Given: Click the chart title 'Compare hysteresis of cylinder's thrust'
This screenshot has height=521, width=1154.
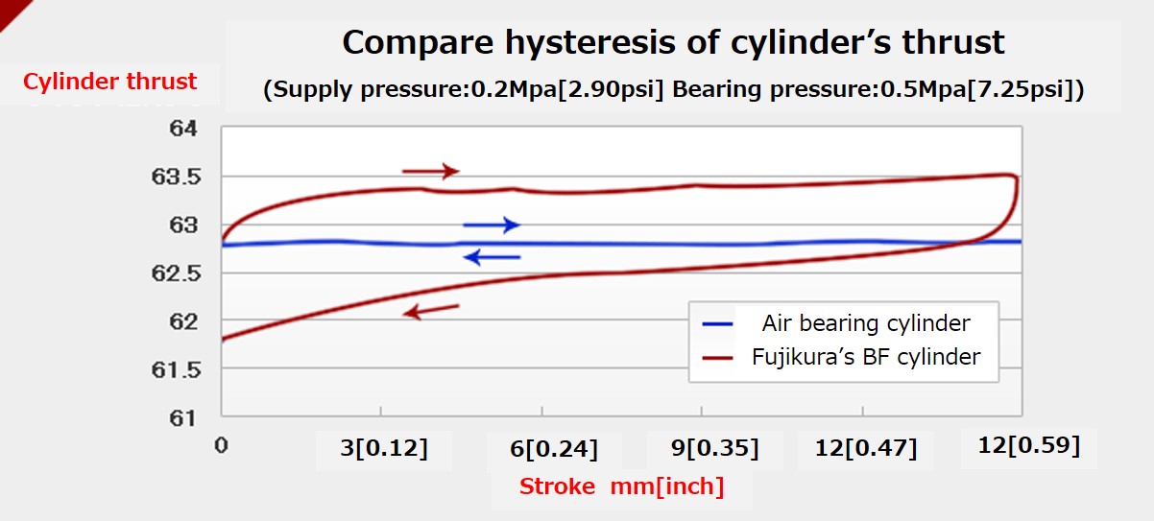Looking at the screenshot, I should tap(673, 42).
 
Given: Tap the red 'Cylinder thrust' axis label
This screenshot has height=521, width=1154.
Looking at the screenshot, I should tap(110, 82).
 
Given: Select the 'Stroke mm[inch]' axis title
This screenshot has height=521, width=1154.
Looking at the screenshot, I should tap(621, 485).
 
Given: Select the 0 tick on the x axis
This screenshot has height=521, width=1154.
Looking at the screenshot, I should tap(222, 446).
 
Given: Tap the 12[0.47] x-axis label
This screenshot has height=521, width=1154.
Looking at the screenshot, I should tap(865, 448).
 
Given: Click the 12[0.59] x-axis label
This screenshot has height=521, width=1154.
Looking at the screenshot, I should tap(1028, 446).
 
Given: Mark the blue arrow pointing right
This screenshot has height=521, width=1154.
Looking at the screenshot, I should tap(491, 225).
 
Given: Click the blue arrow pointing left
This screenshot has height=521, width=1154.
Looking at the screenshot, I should tap(491, 256).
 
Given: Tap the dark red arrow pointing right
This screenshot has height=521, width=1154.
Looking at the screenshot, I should tap(430, 171).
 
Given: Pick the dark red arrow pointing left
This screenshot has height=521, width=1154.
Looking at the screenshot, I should tap(431, 310).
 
